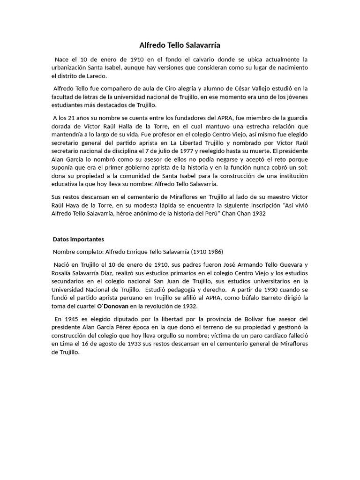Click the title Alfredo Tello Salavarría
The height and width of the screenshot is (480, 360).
point(180,45)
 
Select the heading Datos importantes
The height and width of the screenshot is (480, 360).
point(78,239)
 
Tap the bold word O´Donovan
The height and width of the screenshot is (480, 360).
point(112,307)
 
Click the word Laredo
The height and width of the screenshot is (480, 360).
point(96,76)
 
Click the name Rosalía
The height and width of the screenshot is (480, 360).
point(64,273)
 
